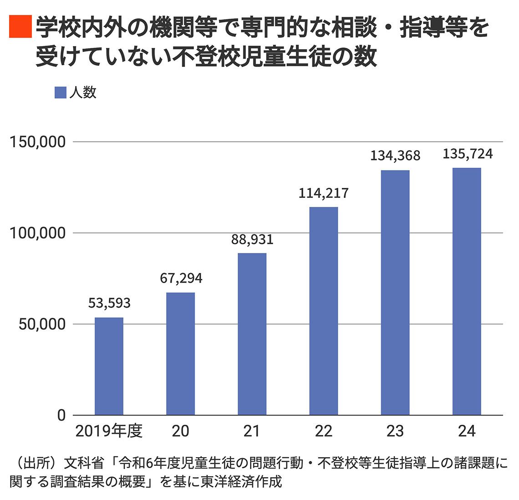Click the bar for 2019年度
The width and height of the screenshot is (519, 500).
[109, 366]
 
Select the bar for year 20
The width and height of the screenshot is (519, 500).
[180, 354]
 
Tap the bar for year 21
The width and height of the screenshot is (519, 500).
[252, 334]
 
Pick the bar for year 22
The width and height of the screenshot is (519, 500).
[324, 311]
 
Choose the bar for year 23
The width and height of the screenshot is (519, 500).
[395, 293]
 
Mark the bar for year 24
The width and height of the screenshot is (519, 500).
[467, 291]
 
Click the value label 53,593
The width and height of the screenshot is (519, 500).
[109, 303]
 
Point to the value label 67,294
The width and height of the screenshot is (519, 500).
[181, 278]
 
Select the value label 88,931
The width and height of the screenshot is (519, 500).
[252, 239]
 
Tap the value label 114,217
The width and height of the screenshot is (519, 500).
[324, 193]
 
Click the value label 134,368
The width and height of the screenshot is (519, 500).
[395, 156]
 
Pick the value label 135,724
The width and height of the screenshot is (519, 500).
[468, 154]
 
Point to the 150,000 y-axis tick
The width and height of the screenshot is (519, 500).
[38, 142]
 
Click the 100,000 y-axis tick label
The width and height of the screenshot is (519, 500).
[38, 233]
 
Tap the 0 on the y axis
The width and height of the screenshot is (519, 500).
[61, 416]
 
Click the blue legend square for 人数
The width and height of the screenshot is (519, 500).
[61, 93]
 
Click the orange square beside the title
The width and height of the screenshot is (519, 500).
[20, 26]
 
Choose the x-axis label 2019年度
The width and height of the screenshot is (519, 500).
[109, 431]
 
